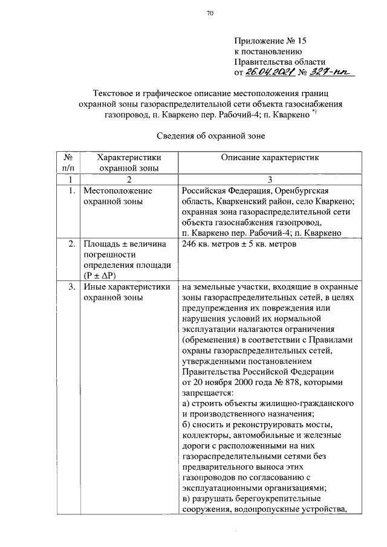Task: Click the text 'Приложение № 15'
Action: [270, 41]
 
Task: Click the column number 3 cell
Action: [270, 180]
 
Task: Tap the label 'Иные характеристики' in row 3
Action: [126, 286]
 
